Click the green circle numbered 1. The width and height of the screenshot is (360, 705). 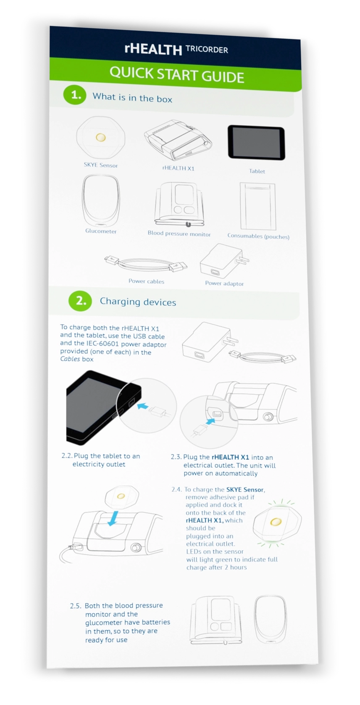[x=75, y=94]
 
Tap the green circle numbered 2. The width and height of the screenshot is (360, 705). [x=80, y=301]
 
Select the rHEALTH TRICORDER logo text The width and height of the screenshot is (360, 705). [x=176, y=49]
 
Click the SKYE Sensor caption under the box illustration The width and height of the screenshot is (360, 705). [x=101, y=165]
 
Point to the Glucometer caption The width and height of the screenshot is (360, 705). [x=101, y=231]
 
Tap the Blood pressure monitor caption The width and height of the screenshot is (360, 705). [x=179, y=233]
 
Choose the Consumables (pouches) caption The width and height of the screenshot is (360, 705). [x=258, y=236]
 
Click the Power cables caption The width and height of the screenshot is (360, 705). [x=146, y=281]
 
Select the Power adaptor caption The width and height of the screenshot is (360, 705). [x=224, y=283]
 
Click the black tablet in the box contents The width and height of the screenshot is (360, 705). [x=256, y=143]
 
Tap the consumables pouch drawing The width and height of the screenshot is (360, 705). [x=258, y=207]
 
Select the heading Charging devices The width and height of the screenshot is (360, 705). [x=138, y=302]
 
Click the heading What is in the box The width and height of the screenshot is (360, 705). [x=132, y=97]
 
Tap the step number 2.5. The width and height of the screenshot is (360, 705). [x=76, y=606]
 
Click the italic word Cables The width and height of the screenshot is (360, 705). [x=70, y=359]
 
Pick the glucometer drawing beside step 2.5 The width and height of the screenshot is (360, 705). [x=270, y=619]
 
